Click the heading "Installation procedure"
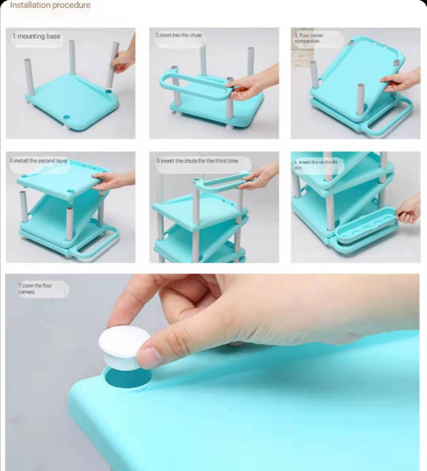(x=50, y=5)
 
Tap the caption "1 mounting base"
(x=36, y=36)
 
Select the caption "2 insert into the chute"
(x=179, y=35)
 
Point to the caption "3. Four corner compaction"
(x=308, y=38)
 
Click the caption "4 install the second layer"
(x=38, y=161)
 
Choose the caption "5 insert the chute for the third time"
(x=197, y=161)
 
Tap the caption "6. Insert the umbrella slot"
(x=316, y=165)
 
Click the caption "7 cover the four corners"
(x=35, y=289)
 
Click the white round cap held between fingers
(x=124, y=348)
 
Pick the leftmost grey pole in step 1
(x=29, y=78)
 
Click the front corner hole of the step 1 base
(x=67, y=117)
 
